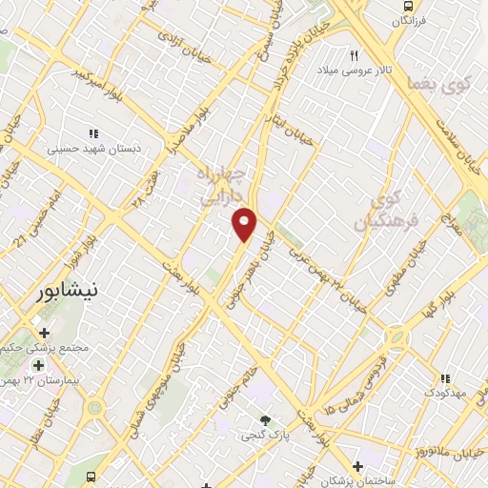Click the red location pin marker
coord(245,224)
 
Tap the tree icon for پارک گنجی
coord(266,420)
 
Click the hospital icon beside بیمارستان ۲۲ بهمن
coord(38,365)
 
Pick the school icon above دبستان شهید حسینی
coord(92,134)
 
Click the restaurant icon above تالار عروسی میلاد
coord(355,55)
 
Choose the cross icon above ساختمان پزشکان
coord(356,466)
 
